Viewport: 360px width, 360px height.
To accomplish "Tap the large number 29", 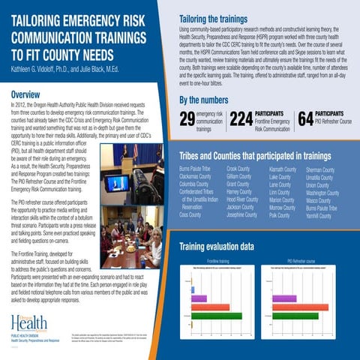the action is [188, 118].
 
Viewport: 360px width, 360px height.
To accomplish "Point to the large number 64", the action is [305, 118].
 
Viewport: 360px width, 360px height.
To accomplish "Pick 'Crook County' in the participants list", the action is [238, 170].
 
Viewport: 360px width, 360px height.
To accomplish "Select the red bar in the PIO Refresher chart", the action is [300, 307].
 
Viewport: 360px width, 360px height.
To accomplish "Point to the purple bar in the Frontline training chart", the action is [199, 298].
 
